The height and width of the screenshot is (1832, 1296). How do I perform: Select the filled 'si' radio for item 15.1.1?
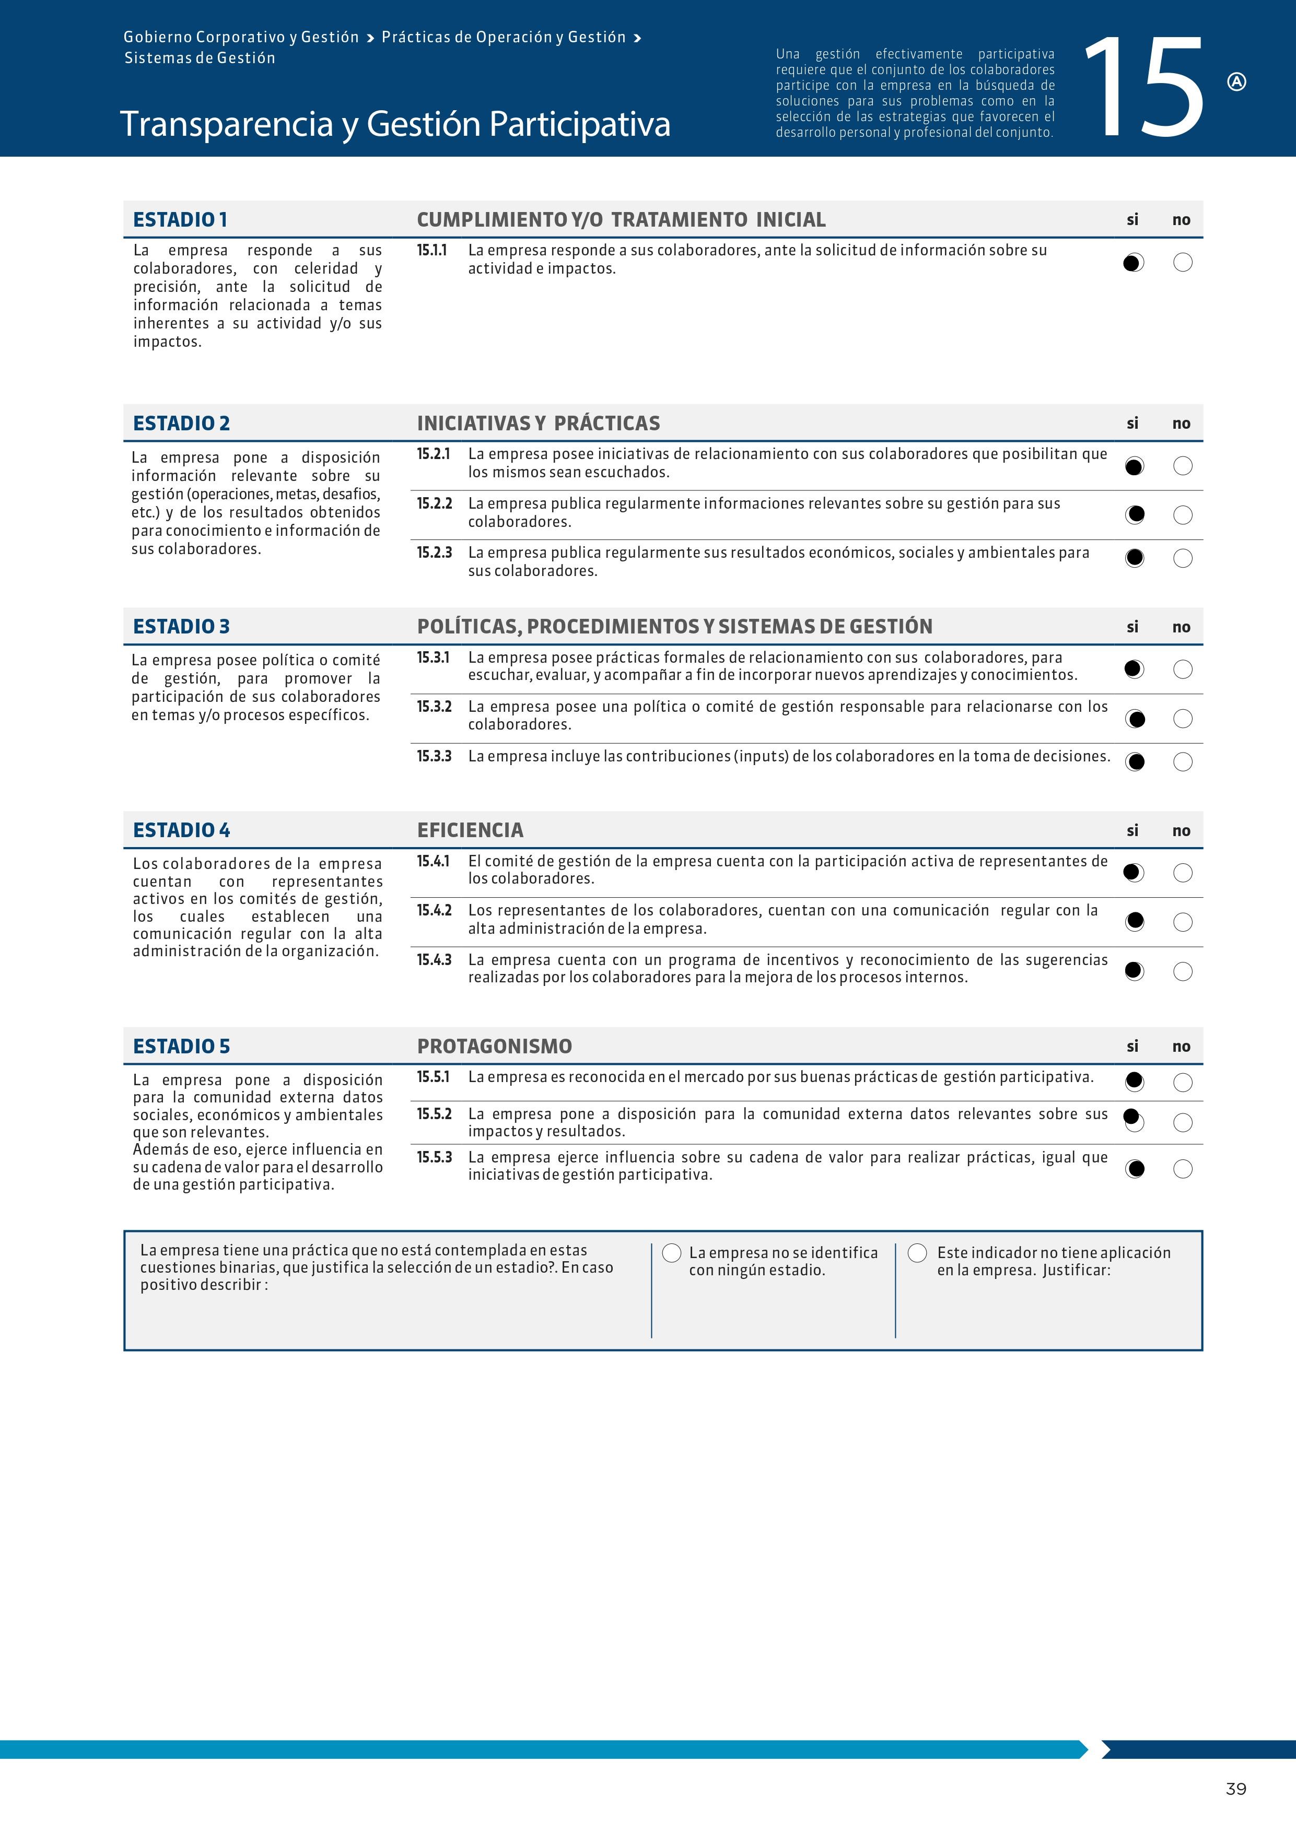tap(1133, 263)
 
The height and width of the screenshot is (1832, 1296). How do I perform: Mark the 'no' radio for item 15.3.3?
tap(1183, 762)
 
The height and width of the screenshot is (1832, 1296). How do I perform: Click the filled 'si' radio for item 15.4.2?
tap(1134, 922)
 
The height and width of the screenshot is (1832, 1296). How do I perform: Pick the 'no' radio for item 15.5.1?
tap(1183, 1082)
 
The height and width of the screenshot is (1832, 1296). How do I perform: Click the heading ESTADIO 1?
tap(180, 219)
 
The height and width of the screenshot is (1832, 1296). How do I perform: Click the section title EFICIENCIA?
tap(470, 830)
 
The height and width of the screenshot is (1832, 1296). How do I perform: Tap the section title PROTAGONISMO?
tap(494, 1046)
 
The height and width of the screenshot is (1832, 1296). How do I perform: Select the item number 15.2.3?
tap(434, 552)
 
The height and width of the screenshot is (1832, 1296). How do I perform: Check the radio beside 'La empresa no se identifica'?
tap(672, 1253)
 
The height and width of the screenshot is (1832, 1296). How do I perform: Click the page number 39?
tap(1235, 1789)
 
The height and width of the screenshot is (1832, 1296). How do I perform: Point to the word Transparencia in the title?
tap(226, 124)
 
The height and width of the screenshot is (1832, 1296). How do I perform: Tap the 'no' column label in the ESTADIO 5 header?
tap(1181, 1046)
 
